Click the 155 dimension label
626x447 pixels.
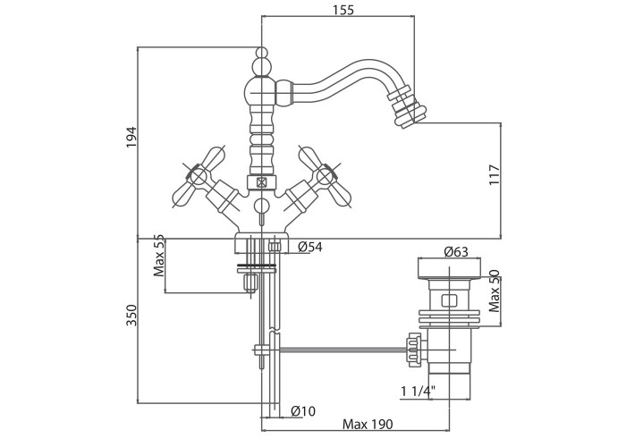(342, 10)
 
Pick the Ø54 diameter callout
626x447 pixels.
(309, 246)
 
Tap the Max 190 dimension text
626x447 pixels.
(368, 426)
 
